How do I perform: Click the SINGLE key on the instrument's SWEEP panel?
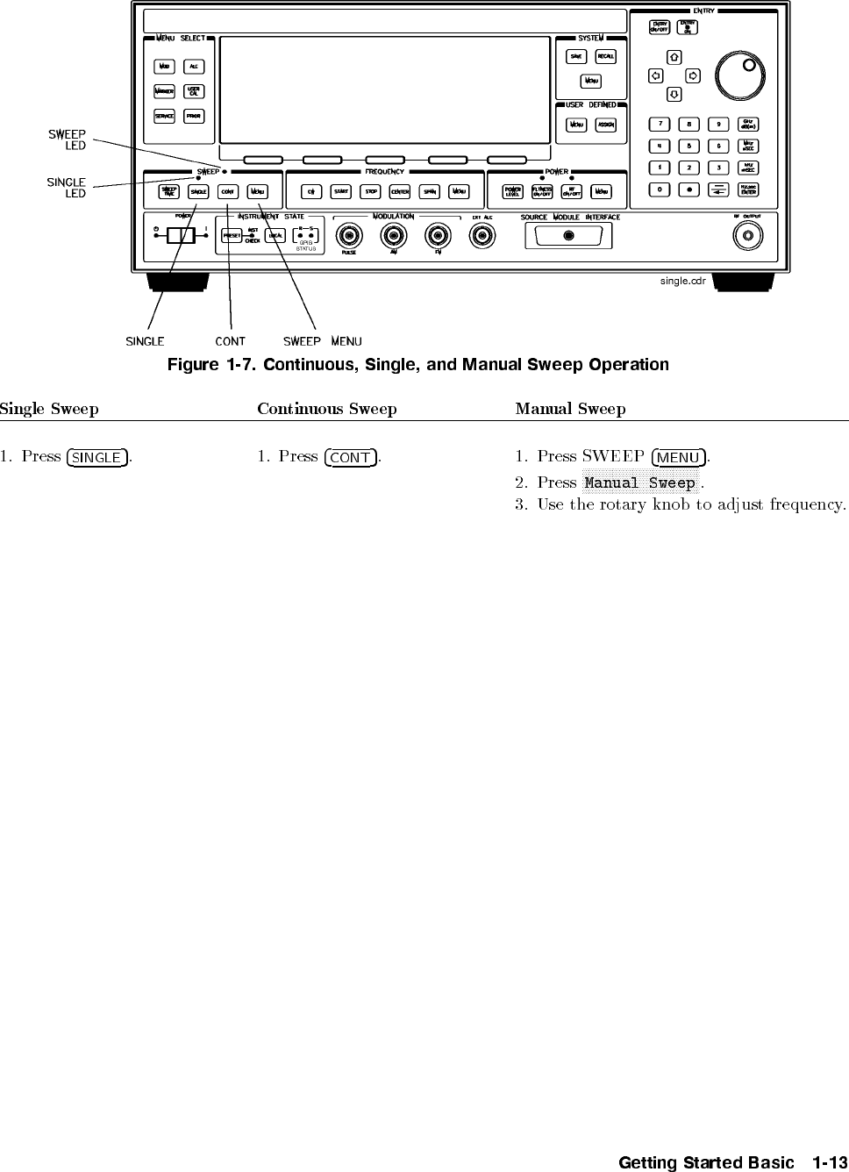tap(199, 192)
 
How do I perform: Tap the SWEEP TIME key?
tap(169, 192)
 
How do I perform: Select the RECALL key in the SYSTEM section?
tap(606, 57)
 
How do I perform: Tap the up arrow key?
tap(674, 58)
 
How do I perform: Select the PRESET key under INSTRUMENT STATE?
tap(232, 235)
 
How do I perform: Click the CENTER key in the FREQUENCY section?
tap(400, 192)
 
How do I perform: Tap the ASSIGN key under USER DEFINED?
tap(606, 125)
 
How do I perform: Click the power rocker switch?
tap(182, 235)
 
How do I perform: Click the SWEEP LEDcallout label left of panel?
tap(67, 139)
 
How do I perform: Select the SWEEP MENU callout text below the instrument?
tap(322, 341)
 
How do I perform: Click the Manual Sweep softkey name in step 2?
tap(639, 483)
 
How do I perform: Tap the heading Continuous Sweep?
tap(326, 409)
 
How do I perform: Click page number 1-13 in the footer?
tap(827, 1162)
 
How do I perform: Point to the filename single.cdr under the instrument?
tap(683, 281)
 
